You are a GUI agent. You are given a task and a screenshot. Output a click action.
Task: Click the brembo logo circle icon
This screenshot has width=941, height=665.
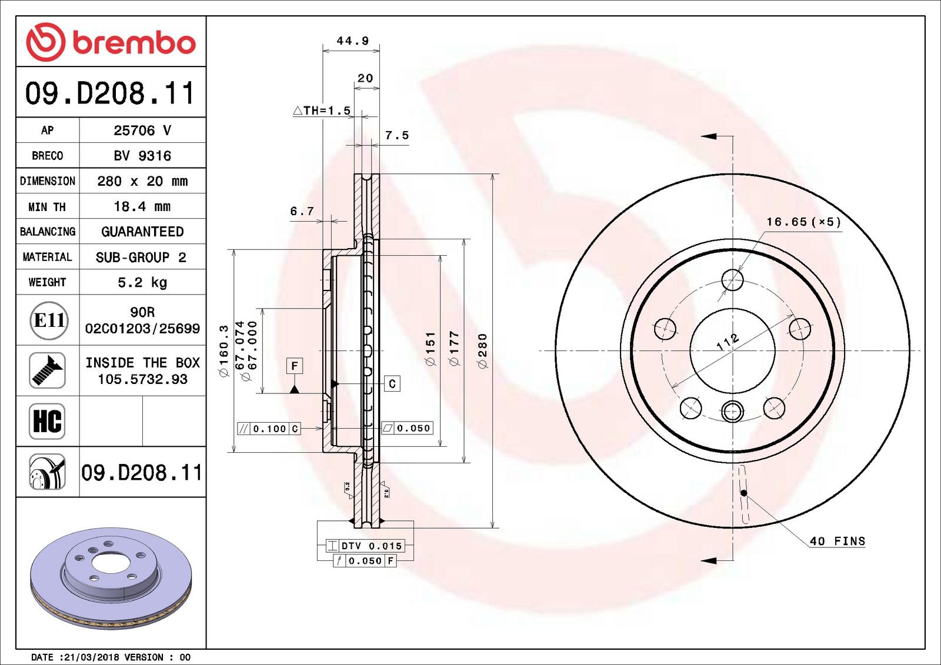point(45,42)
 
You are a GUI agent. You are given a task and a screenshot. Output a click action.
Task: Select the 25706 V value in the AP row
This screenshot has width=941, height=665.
point(142,131)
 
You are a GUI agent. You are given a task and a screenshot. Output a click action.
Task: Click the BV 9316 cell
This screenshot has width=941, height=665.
point(142,156)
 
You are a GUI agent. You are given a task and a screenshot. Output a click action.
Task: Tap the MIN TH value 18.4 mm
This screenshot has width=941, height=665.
point(142,206)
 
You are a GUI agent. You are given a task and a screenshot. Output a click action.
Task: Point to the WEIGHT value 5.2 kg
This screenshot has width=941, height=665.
point(142,282)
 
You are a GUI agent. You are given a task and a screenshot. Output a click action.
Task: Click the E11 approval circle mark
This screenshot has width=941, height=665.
point(49,320)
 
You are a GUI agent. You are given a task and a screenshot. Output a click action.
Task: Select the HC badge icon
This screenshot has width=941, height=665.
point(47,421)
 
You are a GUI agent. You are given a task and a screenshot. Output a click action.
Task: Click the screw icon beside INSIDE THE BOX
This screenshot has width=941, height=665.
point(47,370)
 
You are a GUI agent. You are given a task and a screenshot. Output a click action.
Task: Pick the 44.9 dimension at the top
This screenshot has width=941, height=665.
point(352,41)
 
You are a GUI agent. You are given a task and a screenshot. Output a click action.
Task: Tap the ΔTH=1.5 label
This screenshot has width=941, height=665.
point(322,111)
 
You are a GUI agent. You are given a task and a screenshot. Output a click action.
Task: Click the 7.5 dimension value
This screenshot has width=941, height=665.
point(396,135)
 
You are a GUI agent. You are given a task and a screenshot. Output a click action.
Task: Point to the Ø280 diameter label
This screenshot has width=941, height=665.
point(483,351)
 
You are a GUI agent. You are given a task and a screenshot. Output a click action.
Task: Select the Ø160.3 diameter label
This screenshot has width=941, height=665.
point(223,351)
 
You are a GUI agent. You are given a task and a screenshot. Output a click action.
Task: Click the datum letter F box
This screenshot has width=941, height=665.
point(295,366)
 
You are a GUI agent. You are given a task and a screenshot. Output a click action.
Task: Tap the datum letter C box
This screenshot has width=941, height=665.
point(392,384)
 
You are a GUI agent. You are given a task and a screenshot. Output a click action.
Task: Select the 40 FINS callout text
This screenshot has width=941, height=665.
point(837,541)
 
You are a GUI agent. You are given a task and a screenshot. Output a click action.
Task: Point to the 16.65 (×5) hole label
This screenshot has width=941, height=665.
point(803,222)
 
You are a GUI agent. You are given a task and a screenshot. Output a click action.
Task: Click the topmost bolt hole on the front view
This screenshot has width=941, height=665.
point(732,280)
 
